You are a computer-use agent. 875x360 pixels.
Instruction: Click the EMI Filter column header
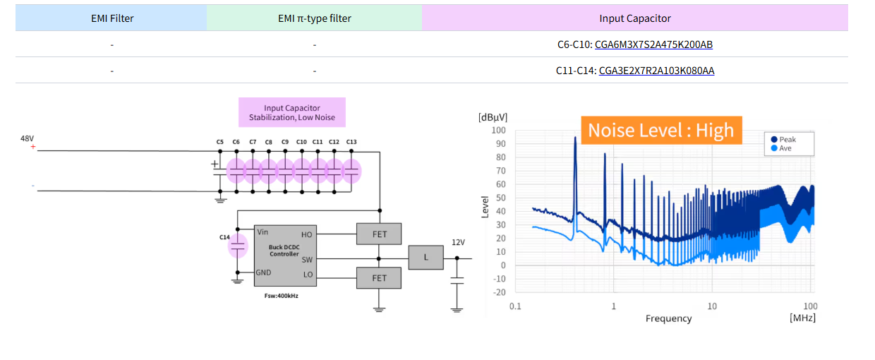pos(111,18)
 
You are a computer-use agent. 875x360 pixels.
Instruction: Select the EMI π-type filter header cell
pos(314,18)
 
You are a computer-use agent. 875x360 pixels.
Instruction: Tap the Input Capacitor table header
pos(634,18)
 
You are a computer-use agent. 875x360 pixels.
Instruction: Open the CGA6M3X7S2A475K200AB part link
pos(653,44)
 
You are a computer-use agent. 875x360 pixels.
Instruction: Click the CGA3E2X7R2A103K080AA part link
pos(656,71)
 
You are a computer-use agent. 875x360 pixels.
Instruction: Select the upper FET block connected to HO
pos(379,234)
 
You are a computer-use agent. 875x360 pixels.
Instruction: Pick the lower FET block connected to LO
pos(379,277)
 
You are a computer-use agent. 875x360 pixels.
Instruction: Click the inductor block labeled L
pos(426,257)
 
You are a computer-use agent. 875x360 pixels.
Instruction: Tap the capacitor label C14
pos(224,237)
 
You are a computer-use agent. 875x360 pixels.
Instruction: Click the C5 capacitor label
pos(220,142)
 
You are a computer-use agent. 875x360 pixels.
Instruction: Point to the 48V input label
pos(27,138)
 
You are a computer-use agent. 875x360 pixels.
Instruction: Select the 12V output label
pos(458,242)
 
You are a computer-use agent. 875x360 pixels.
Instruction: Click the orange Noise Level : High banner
pos(660,130)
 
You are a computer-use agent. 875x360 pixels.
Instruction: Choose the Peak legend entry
pos(787,140)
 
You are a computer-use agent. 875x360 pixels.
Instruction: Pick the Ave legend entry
pos(785,148)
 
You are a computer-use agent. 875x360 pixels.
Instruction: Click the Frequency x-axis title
pos(668,318)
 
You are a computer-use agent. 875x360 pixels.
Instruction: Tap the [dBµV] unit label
pos(493,116)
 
